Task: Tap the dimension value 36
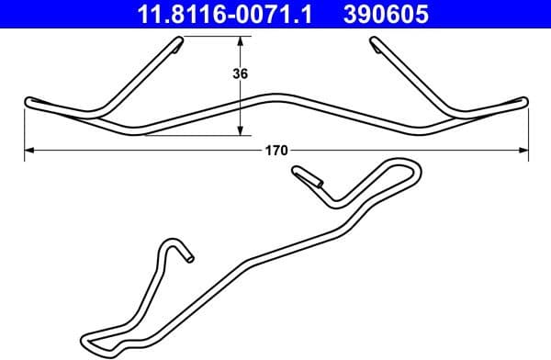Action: tap(242, 74)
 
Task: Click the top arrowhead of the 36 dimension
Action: tap(241, 41)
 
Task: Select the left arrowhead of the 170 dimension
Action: tap(28, 149)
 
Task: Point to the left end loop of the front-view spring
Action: tap(30, 103)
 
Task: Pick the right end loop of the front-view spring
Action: tap(523, 102)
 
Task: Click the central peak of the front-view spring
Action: tap(275, 96)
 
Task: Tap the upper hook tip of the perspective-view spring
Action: tap(298, 171)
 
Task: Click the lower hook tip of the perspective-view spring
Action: tap(188, 258)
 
